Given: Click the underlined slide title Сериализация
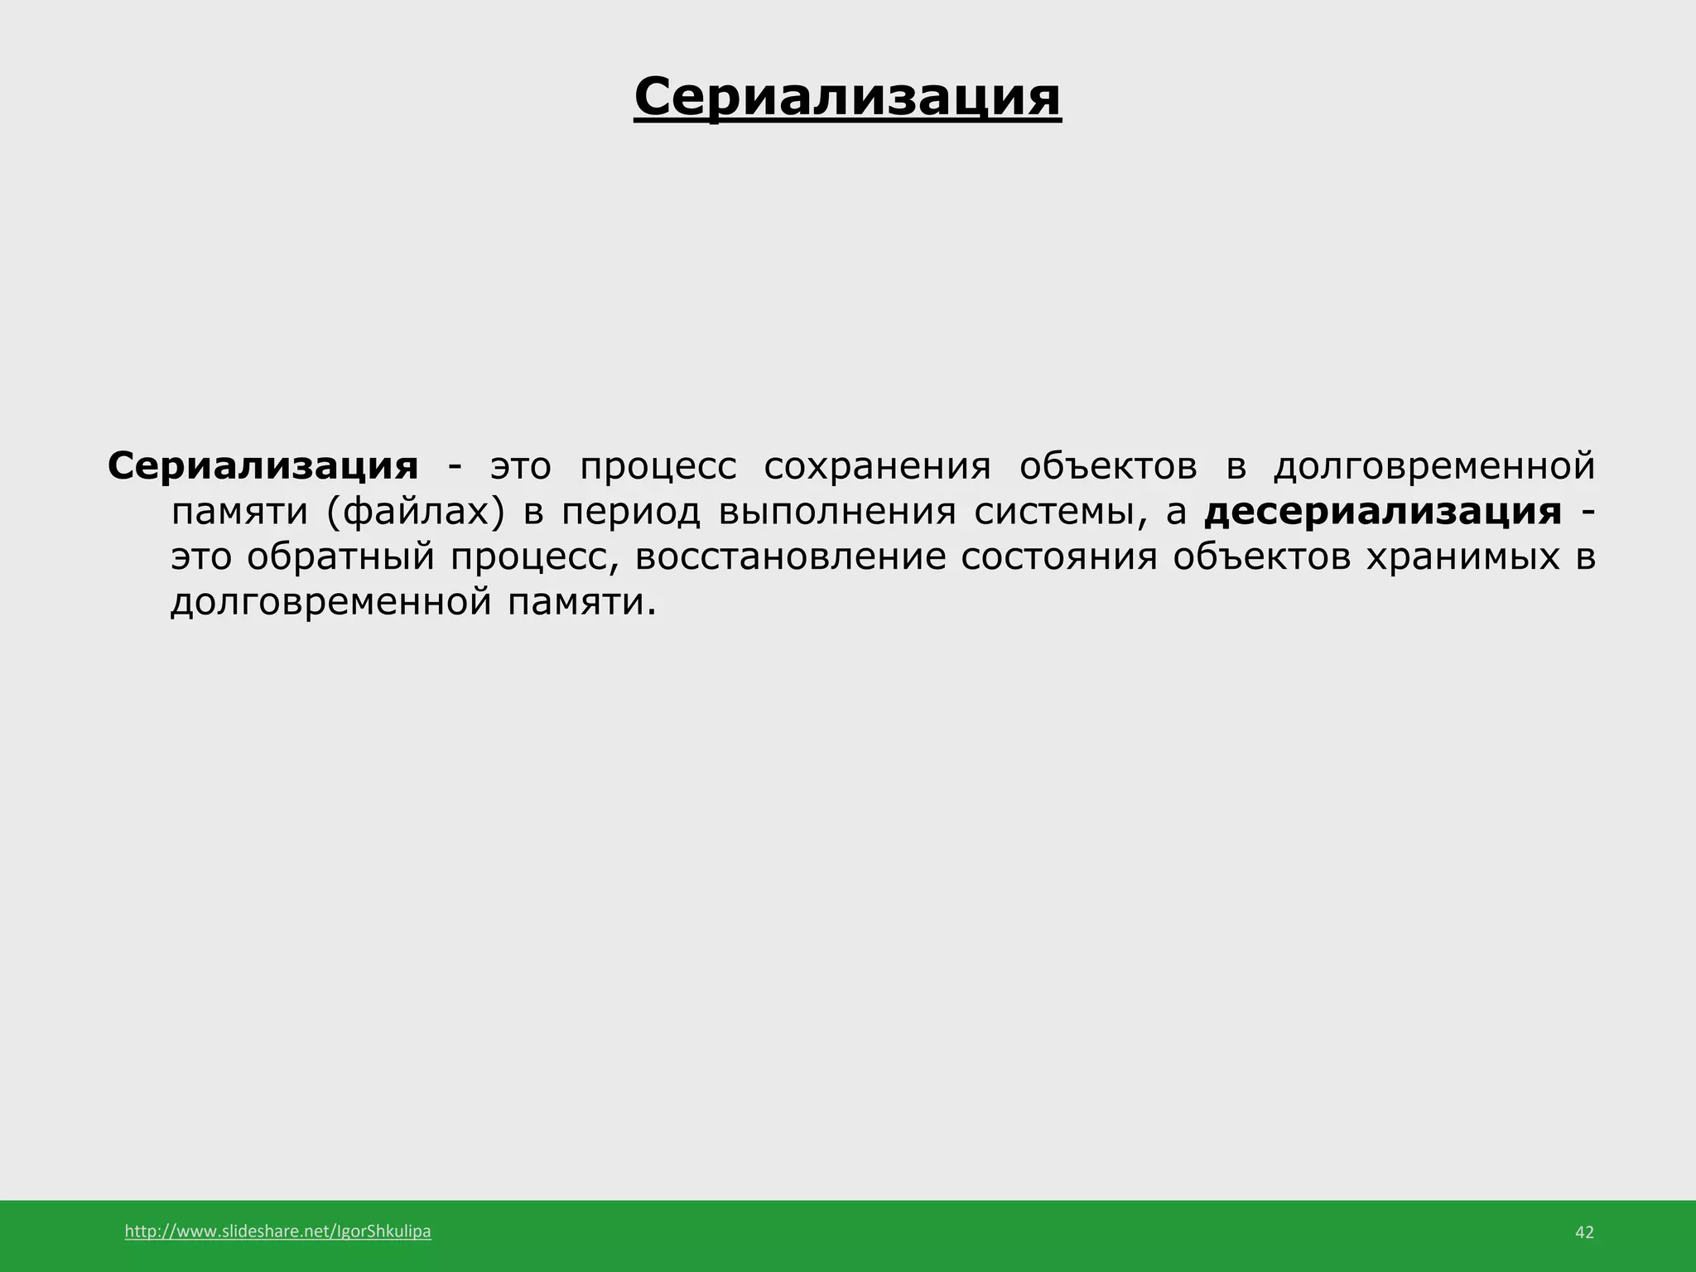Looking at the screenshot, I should (847, 98).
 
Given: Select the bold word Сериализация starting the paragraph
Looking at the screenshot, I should (263, 466).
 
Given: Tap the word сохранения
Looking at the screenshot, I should (877, 466).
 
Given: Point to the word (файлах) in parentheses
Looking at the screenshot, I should (415, 512).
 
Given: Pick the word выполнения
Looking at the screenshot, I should (837, 512).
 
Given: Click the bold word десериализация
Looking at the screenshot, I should (1383, 512).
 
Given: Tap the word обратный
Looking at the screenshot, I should (340, 557).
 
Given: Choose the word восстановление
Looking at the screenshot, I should (791, 556).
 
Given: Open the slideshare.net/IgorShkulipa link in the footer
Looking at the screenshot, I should (277, 1231).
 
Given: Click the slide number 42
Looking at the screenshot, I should (1583, 1232).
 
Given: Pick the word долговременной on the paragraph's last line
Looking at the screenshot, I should (331, 602).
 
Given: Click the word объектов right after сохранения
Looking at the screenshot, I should (1108, 466).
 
